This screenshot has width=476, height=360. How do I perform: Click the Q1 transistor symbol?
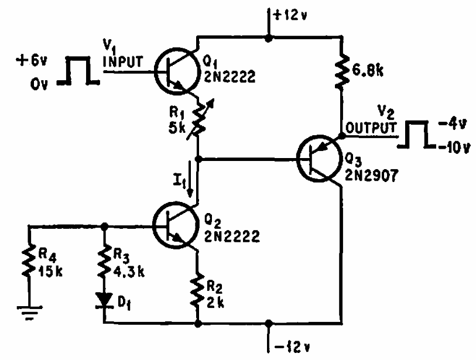[176, 71]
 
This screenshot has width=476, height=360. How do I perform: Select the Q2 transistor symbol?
[176, 225]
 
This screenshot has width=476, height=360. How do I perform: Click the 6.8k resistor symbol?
[342, 71]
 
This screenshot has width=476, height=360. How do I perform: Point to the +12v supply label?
[290, 15]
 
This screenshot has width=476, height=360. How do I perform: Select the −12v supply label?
[292, 347]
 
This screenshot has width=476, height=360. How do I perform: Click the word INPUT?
[123, 61]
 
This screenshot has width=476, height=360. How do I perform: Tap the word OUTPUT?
[371, 128]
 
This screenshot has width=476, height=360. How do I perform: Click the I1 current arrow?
[190, 179]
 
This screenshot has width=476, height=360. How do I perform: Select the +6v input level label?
[32, 61]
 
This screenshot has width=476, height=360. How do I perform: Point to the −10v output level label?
[453, 148]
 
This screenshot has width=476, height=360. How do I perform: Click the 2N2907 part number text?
[371, 176]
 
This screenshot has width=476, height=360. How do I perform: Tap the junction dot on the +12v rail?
[268, 38]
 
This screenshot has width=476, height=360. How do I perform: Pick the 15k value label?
[50, 272]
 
